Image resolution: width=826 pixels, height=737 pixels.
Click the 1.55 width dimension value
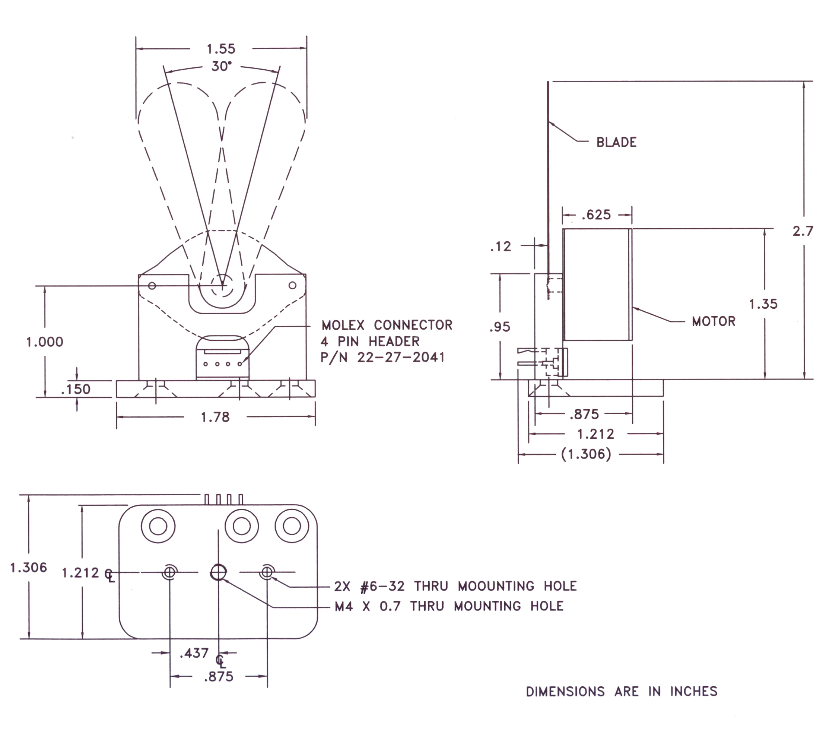[x=221, y=49]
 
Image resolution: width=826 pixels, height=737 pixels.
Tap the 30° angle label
[x=222, y=66]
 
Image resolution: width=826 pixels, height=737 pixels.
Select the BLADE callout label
[x=616, y=142]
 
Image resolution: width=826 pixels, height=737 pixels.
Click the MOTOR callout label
[x=714, y=321]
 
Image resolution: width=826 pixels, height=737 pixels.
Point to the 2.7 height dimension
[x=803, y=231]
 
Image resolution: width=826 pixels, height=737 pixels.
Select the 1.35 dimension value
[x=763, y=304]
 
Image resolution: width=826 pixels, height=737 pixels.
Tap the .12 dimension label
[x=501, y=246]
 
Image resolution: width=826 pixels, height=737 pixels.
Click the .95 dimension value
[x=500, y=327]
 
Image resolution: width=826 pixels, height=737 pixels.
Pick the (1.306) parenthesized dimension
[x=586, y=454]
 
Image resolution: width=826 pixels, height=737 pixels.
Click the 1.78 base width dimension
[x=215, y=417]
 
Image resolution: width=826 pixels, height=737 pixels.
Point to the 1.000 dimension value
[x=45, y=342]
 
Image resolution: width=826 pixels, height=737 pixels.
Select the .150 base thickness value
[x=75, y=389]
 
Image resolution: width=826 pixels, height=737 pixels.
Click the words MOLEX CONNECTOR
[x=387, y=325]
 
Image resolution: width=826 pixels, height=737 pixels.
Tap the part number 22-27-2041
[x=401, y=357]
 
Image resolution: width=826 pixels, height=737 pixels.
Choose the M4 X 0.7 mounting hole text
[x=449, y=606]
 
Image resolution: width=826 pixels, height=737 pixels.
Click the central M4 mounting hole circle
[x=219, y=572]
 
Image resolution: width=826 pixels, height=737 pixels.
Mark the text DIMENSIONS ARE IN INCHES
[x=622, y=691]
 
